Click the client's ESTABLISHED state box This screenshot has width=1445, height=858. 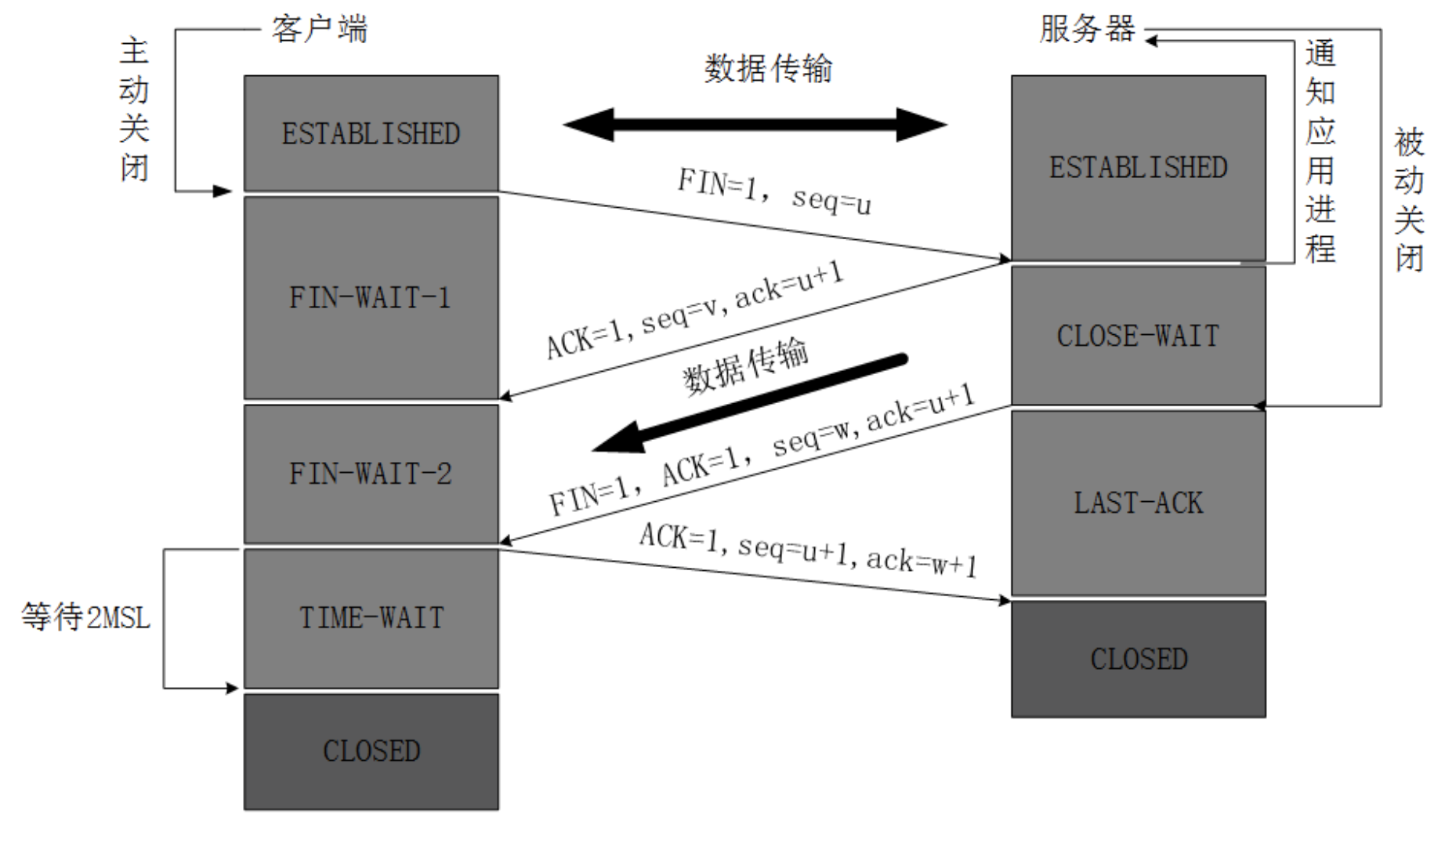click(x=371, y=133)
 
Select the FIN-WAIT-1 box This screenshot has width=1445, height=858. click(x=371, y=298)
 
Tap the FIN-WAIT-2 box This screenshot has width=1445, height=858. click(x=371, y=474)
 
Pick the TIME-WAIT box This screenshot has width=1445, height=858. click(x=371, y=618)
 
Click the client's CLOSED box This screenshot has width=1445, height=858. click(x=371, y=751)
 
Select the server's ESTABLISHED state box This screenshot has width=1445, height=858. click(x=1138, y=167)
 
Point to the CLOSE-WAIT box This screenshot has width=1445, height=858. click(x=1138, y=336)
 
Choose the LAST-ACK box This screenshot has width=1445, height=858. click(x=1138, y=503)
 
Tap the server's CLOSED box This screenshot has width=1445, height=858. click(x=1138, y=659)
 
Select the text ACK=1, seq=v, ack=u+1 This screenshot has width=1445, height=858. click(x=694, y=311)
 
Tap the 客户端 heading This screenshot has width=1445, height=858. click(x=319, y=30)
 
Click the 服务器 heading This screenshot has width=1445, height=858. click(x=1087, y=30)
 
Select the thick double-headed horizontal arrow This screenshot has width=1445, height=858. click(x=755, y=124)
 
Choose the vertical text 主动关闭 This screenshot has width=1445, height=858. click(x=134, y=110)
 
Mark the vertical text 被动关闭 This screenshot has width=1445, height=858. click(x=1408, y=200)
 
